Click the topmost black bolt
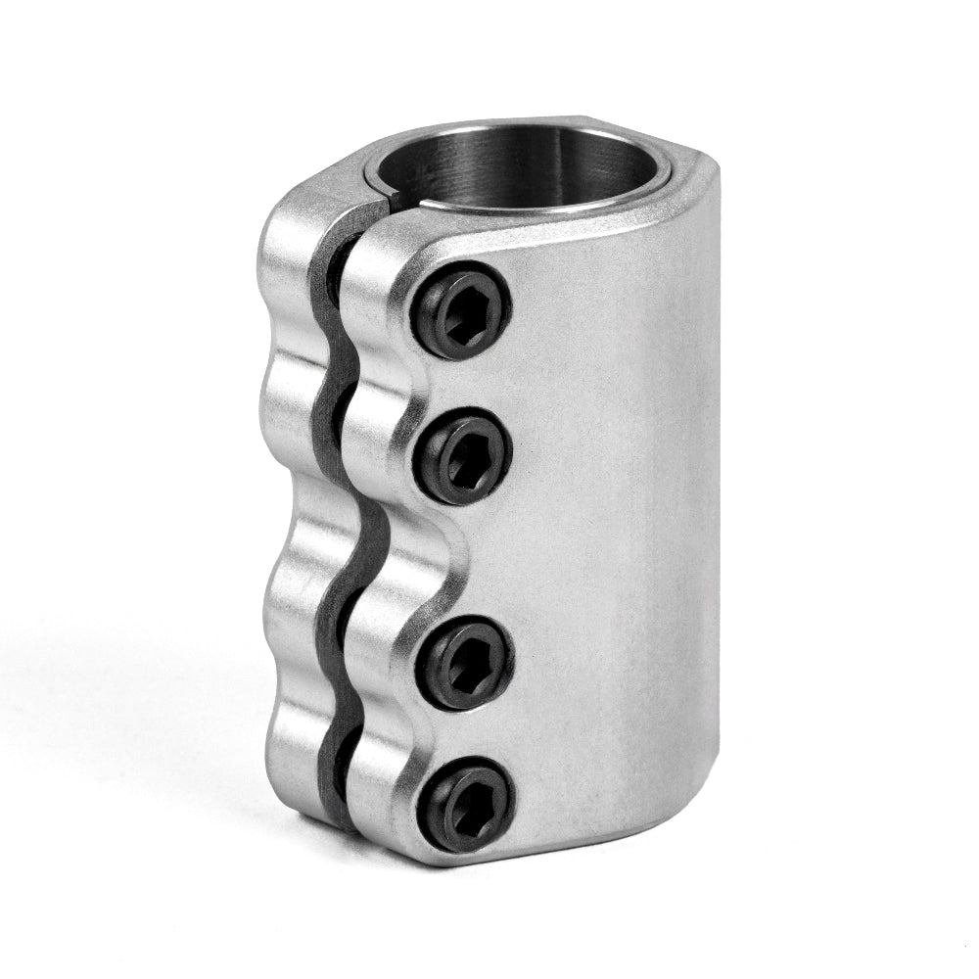461,310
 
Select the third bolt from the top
466,663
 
